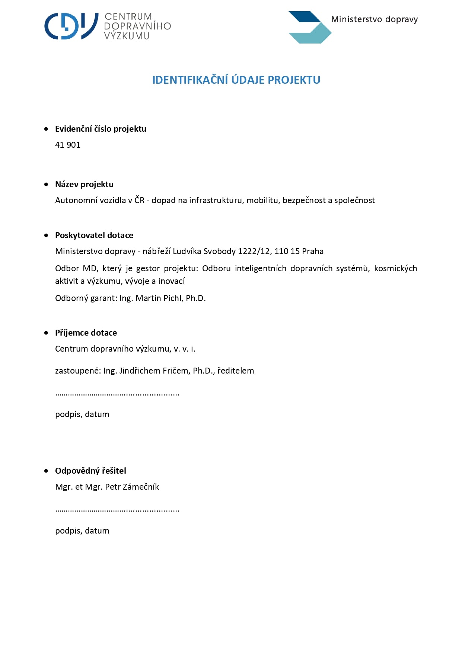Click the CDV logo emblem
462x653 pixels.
pos(71,26)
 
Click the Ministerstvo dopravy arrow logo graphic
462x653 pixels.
pos(309,28)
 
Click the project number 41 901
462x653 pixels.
pos(68,145)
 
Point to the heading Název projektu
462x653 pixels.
pos(84,184)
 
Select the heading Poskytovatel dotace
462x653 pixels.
pos(94,235)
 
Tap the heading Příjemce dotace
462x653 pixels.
pos(86,333)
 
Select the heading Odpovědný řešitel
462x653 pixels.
pos(90,471)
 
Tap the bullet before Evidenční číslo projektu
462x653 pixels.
pos(46,129)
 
